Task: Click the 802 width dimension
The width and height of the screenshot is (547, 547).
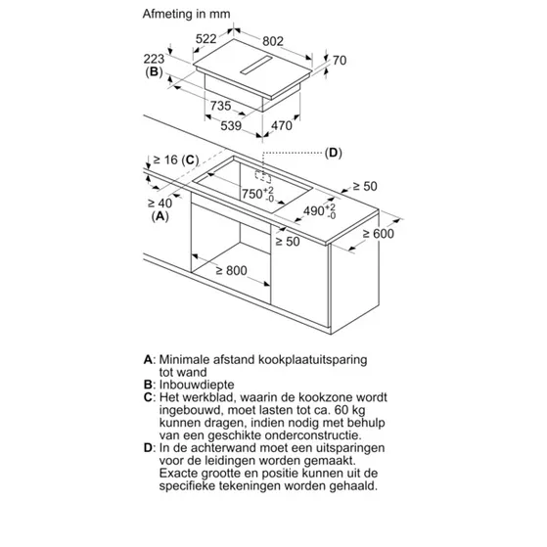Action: tap(273, 41)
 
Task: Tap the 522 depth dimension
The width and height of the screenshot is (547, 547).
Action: tap(205, 38)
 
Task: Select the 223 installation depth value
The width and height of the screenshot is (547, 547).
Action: tap(154, 59)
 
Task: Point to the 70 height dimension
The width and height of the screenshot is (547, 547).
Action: tap(340, 60)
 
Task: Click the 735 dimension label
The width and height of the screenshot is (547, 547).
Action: tap(220, 106)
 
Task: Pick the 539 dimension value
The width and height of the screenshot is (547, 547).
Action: tap(231, 125)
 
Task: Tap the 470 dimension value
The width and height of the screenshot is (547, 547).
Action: tap(282, 125)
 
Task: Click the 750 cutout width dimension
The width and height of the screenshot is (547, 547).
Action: tap(258, 194)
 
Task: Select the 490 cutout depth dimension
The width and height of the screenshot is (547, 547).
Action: tap(320, 210)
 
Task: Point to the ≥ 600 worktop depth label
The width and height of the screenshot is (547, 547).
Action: tap(378, 234)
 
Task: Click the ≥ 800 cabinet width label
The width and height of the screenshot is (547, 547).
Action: tap(231, 270)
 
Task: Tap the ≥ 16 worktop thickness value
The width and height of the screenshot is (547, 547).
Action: tap(165, 160)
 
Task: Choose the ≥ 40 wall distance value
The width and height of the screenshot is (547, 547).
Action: tap(160, 203)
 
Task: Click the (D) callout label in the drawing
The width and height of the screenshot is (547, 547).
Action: tap(333, 153)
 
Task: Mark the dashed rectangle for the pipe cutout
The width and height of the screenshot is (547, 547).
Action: tap(263, 176)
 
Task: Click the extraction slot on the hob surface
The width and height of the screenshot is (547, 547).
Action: tap(255, 65)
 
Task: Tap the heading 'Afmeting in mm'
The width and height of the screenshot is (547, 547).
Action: tap(186, 14)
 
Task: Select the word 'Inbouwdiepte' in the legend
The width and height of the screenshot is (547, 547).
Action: tap(197, 385)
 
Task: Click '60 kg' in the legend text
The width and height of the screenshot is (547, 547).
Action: tap(350, 410)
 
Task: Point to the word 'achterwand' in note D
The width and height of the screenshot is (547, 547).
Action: tap(224, 447)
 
